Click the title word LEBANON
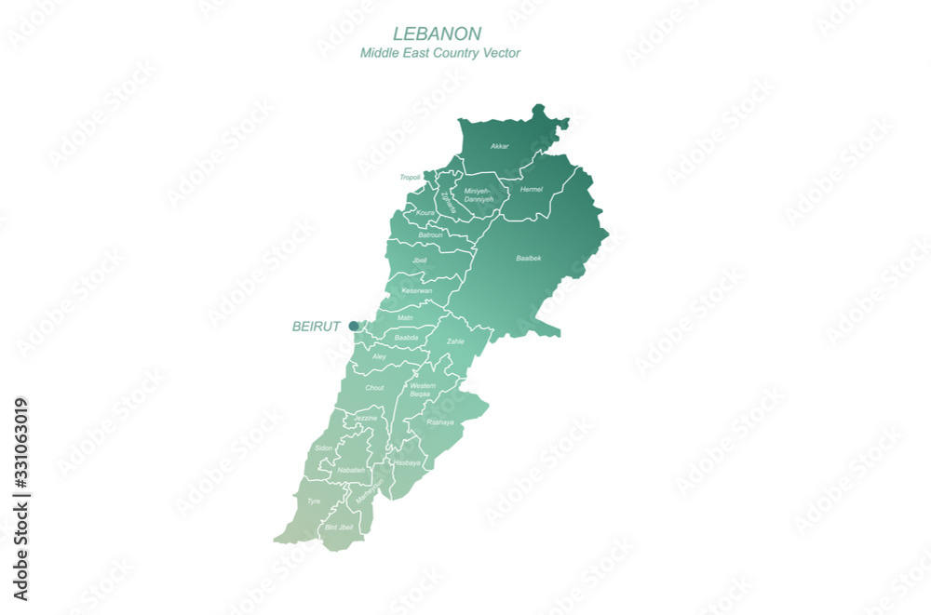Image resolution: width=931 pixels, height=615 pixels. [x=437, y=33]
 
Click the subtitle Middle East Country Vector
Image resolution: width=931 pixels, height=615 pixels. [x=440, y=53]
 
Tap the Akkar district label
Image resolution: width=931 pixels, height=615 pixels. [x=500, y=147]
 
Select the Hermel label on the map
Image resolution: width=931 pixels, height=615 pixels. [x=531, y=189]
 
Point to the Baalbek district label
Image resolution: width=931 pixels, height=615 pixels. [x=529, y=258]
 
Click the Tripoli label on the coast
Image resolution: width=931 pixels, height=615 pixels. [x=410, y=177]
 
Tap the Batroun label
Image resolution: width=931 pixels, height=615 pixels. [x=430, y=234]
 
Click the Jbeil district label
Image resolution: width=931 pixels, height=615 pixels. [x=419, y=261]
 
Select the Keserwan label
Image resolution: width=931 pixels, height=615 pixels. [x=416, y=291]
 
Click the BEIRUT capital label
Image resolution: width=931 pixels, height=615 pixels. [x=317, y=327]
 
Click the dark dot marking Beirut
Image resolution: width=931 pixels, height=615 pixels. [x=354, y=326]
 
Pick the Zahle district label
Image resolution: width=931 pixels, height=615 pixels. [x=455, y=341]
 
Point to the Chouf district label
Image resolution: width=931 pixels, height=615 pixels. [x=374, y=388]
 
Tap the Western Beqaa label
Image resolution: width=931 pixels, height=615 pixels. [x=422, y=390]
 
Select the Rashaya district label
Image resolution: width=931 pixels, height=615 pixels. [x=439, y=421]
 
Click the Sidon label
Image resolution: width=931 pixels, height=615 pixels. [x=323, y=448]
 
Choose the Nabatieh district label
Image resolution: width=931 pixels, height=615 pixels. [x=351, y=470]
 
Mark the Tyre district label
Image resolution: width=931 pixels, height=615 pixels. [x=314, y=501]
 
